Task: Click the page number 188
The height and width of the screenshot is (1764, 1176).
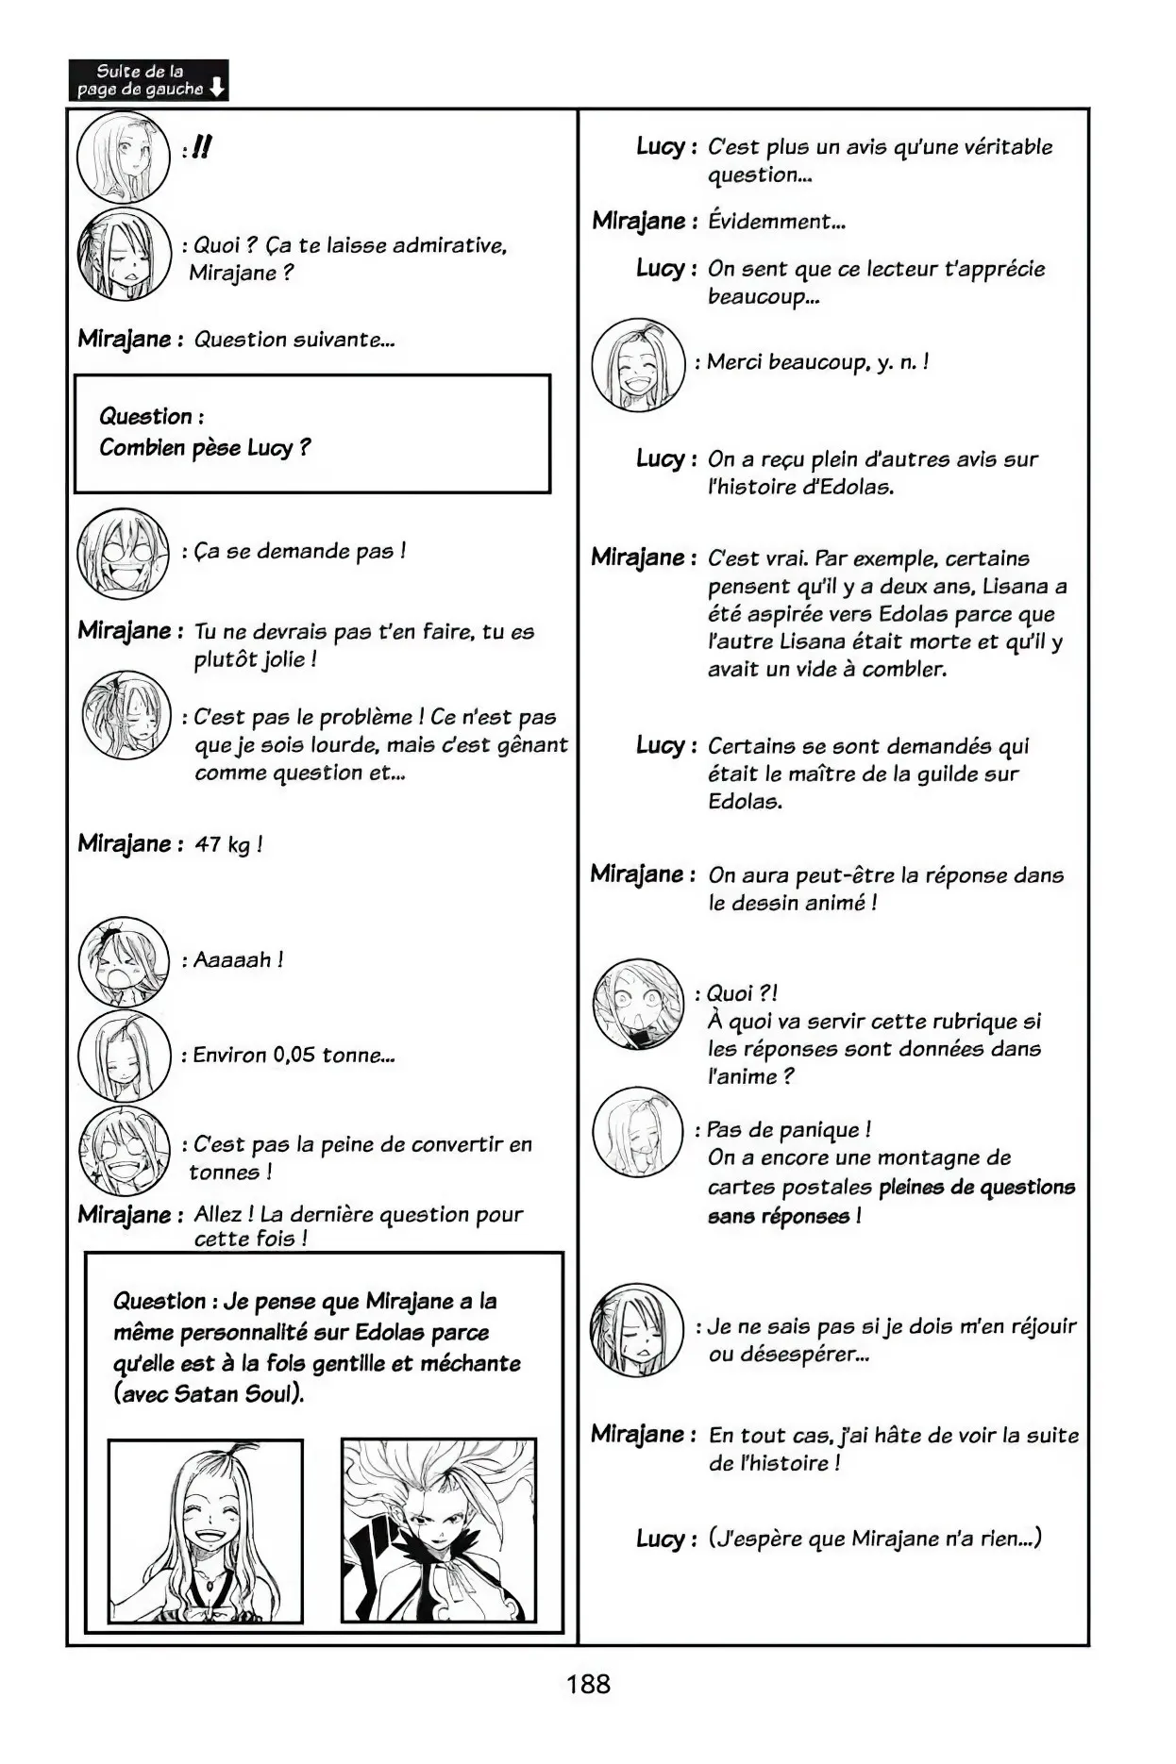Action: [x=588, y=1684]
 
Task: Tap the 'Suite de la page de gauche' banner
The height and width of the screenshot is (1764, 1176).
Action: [x=148, y=80]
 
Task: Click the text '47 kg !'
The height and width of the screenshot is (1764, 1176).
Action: [x=227, y=844]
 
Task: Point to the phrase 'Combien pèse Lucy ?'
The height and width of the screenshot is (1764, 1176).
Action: [x=205, y=448]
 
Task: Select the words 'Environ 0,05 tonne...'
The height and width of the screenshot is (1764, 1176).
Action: [x=294, y=1055]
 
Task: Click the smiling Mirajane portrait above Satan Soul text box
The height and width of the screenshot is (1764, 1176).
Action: [x=205, y=1530]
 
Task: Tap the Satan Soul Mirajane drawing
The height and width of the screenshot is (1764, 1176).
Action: [x=439, y=1530]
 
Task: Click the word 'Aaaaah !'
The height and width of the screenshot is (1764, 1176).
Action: [x=238, y=960]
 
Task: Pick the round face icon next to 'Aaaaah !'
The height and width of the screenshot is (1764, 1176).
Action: [x=124, y=960]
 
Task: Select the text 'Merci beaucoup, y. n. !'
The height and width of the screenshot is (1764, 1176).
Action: [x=817, y=362]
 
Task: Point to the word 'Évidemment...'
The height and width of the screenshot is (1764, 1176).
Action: [x=776, y=222]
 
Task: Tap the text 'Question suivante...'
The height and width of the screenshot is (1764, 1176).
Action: [x=294, y=340]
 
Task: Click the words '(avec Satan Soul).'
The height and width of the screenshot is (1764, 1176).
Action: [x=209, y=1394]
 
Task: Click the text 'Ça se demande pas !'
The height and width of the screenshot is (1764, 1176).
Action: [x=299, y=551]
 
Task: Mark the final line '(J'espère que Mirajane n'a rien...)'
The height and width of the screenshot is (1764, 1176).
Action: [x=875, y=1539]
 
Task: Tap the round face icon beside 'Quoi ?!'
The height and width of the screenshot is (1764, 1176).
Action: [x=638, y=1003]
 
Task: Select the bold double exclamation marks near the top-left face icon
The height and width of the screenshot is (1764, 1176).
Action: [x=200, y=147]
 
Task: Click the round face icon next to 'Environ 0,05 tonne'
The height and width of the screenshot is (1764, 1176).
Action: [x=124, y=1055]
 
